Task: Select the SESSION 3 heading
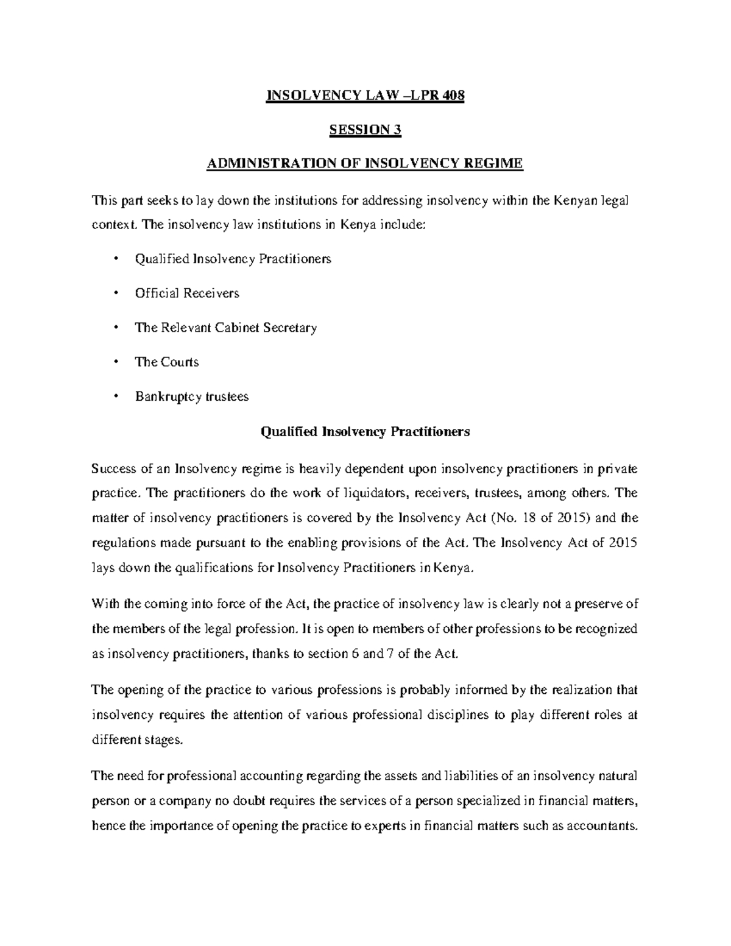point(365,130)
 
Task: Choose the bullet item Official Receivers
point(187,294)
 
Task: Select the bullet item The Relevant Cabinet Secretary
point(225,328)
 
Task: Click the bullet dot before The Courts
point(115,362)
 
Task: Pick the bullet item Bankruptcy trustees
point(192,397)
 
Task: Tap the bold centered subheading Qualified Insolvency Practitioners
point(365,432)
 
